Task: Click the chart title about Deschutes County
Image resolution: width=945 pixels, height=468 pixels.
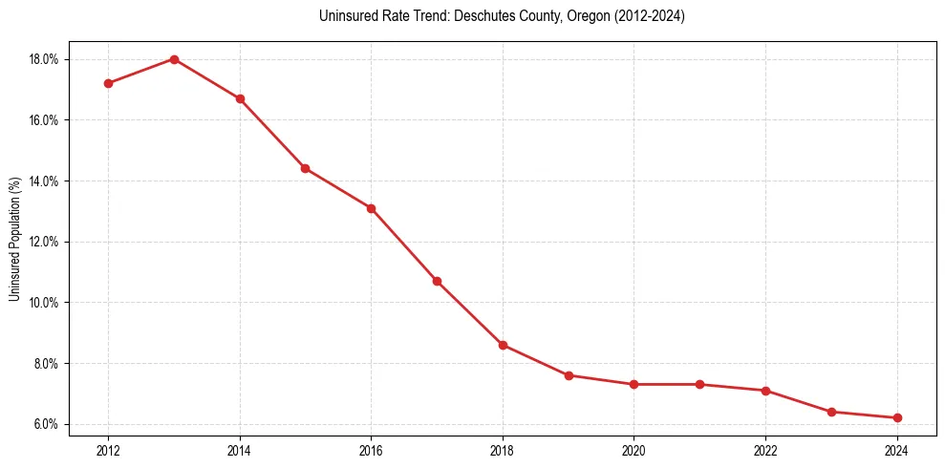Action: coord(502,16)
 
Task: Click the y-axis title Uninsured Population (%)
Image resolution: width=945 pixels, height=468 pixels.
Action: coord(14,239)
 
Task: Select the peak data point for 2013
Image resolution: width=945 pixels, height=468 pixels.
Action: coord(174,59)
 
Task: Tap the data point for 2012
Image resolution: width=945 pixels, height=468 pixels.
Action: coord(108,83)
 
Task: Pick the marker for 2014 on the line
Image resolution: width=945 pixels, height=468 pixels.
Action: coord(240,98)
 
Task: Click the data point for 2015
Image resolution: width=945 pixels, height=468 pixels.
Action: coord(305,168)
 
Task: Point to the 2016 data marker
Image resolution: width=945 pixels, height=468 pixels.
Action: coord(371,208)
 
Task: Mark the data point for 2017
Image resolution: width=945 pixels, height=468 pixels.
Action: coord(437,281)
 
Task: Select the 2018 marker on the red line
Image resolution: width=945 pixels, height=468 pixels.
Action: coord(503,345)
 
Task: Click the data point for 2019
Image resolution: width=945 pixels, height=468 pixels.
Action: coord(569,375)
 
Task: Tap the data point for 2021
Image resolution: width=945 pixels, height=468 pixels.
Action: coord(699,384)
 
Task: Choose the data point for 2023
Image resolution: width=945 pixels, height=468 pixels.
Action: coord(831,412)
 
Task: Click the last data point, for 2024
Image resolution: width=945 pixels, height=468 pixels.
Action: coord(897,417)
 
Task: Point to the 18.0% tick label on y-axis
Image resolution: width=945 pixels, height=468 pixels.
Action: coord(44,59)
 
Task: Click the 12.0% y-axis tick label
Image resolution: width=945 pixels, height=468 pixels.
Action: coord(44,242)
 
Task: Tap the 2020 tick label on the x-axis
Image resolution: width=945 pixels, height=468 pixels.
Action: coord(634,450)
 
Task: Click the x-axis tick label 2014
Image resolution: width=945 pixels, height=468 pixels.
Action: coord(240,450)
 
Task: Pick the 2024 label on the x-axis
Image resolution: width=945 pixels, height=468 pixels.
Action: coord(897,450)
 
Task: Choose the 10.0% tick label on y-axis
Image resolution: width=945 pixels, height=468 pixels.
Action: coord(44,303)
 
